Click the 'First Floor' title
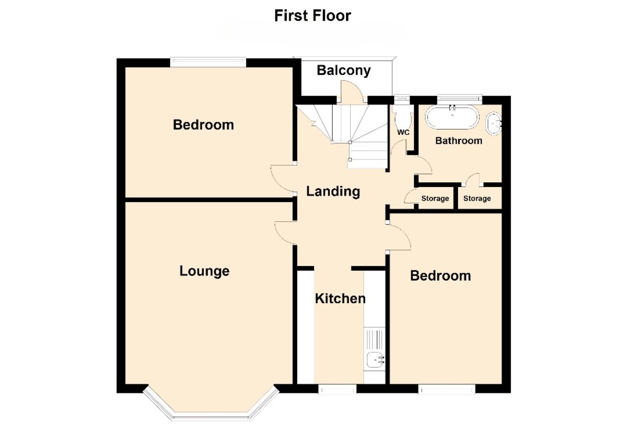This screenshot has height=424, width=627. point(312,16)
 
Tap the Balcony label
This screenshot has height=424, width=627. point(344,70)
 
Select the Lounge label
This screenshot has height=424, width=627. point(204,271)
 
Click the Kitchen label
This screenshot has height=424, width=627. point(340,299)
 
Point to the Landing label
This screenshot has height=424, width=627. point(333,191)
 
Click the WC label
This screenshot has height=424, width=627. point(403,132)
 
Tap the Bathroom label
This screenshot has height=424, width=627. point(459,141)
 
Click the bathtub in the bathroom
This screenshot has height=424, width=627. point(452,117)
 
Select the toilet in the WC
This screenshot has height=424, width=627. point(403,117)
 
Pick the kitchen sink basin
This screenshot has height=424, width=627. point(375,360)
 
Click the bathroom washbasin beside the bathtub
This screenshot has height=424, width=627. point(493,124)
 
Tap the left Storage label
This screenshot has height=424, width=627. point(435,199)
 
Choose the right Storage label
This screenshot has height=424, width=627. point(477,199)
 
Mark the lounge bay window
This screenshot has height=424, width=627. point(211,405)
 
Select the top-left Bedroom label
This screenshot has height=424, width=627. point(203,125)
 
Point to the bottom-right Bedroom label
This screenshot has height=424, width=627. point(440,276)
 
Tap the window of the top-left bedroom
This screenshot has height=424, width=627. point(208,62)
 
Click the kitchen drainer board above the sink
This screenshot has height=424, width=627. point(375,338)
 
